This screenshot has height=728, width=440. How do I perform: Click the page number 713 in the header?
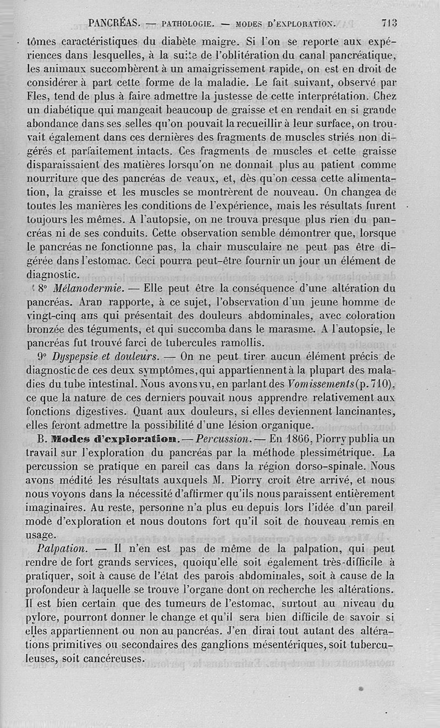click(388, 23)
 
